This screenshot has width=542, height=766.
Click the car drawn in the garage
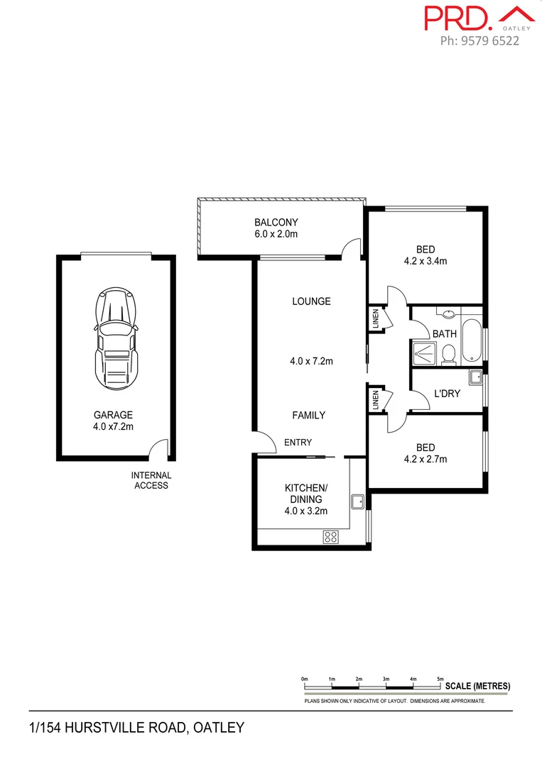click(116, 338)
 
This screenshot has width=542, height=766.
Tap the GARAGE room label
click(114, 415)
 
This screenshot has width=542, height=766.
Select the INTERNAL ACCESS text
click(151, 480)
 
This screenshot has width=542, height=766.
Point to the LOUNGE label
click(311, 301)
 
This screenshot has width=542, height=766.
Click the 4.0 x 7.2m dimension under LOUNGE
click(311, 361)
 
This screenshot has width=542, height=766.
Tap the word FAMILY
click(308, 415)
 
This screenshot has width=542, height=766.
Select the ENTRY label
click(298, 443)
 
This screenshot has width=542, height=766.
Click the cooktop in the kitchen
click(330, 537)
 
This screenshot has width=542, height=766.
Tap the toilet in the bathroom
click(448, 353)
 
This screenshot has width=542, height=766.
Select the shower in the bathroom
click(424, 353)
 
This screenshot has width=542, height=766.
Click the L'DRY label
click(448, 392)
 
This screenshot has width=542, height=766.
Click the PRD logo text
click(457, 18)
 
